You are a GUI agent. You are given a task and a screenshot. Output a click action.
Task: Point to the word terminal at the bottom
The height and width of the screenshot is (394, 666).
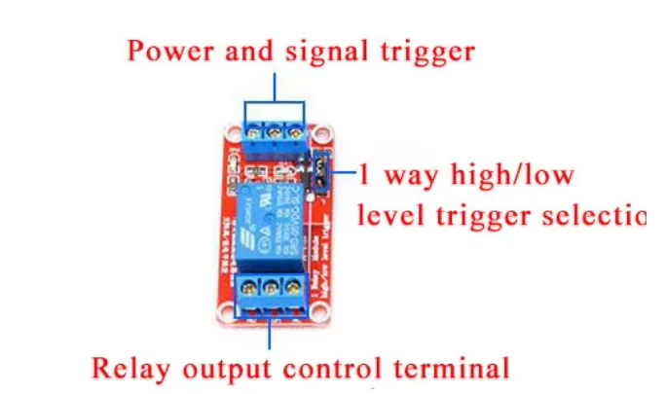point(458,369)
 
